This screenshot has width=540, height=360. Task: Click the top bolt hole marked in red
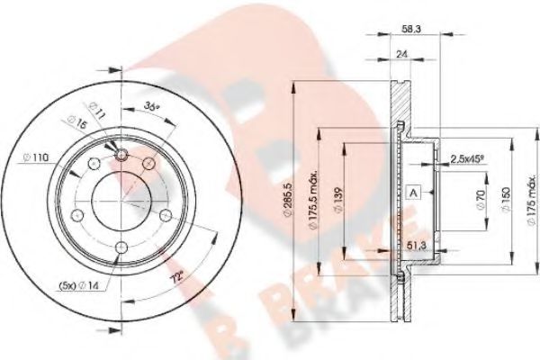click(122, 157)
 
